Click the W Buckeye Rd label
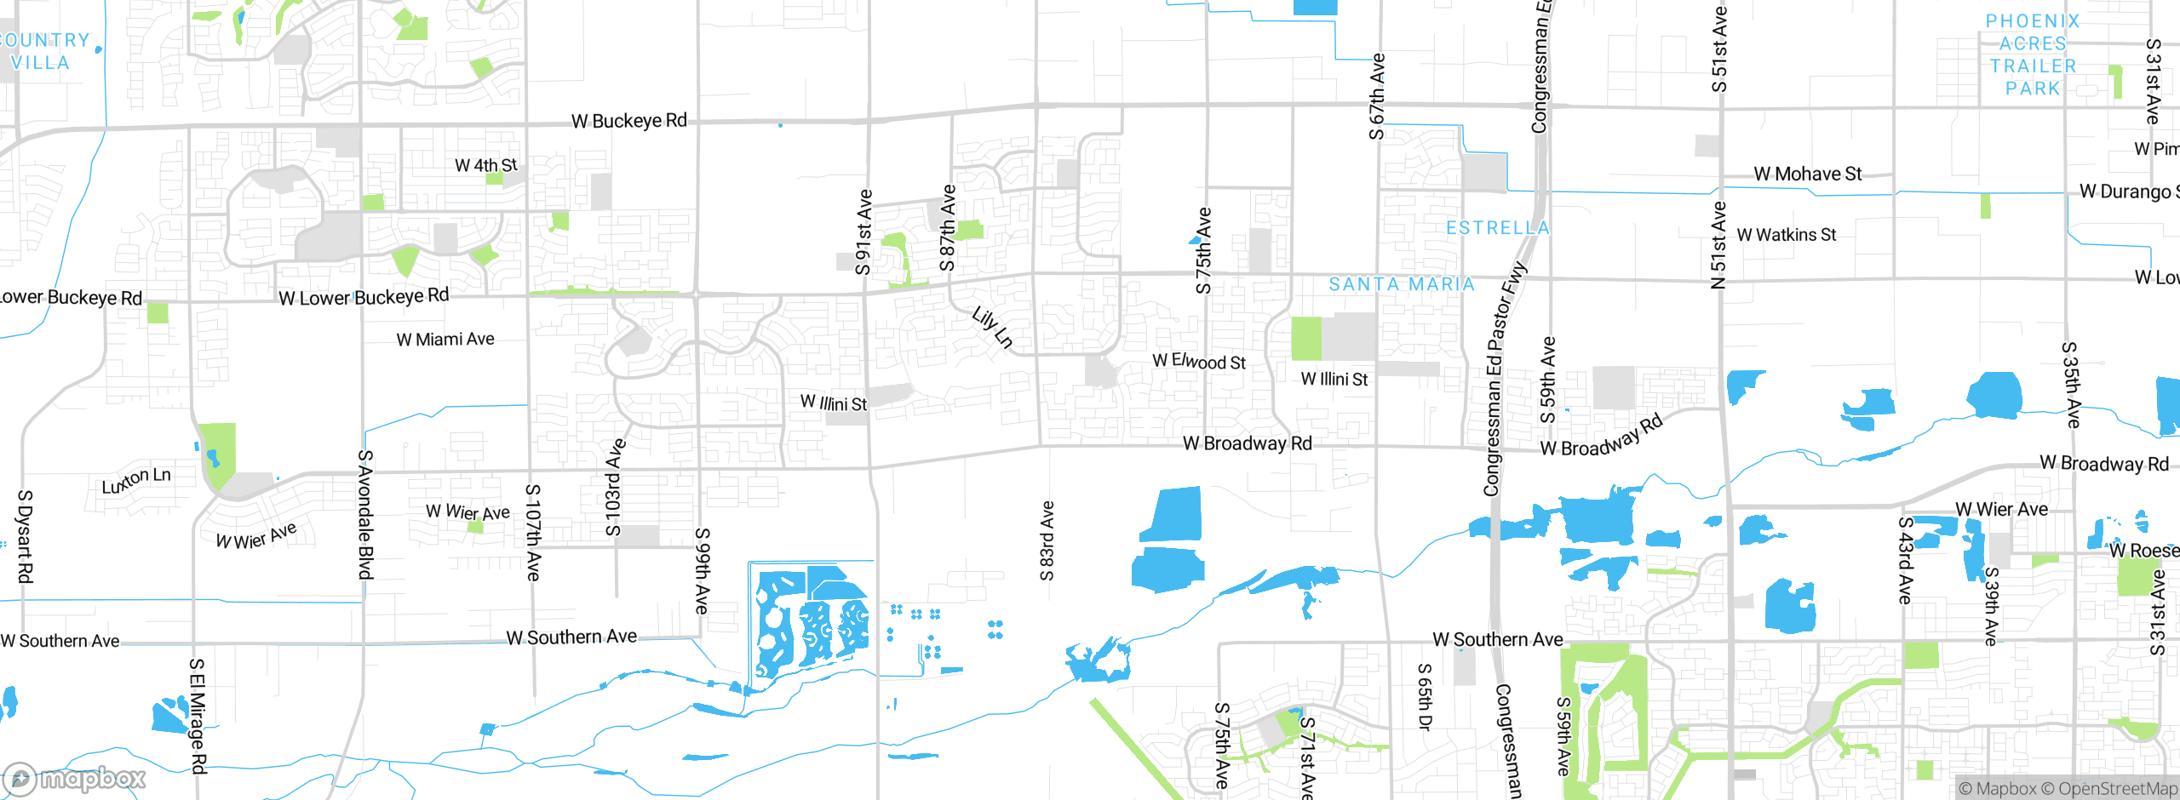click(628, 121)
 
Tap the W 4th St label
click(485, 165)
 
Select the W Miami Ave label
click(445, 340)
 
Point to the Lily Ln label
click(993, 328)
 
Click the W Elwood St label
click(1199, 362)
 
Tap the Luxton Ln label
click(136, 481)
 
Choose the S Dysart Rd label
click(25, 536)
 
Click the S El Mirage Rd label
click(198, 715)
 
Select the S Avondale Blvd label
click(365, 515)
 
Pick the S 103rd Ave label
click(615, 489)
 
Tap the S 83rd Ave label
click(1047, 540)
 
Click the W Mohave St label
click(1807, 174)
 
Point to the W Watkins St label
click(1786, 235)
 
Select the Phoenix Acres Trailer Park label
click(2032, 54)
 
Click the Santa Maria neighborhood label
click(1402, 284)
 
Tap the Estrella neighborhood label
click(1498, 228)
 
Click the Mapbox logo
click(75, 778)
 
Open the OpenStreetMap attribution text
click(2117, 789)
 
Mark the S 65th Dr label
click(1425, 696)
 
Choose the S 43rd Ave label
click(1906, 560)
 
